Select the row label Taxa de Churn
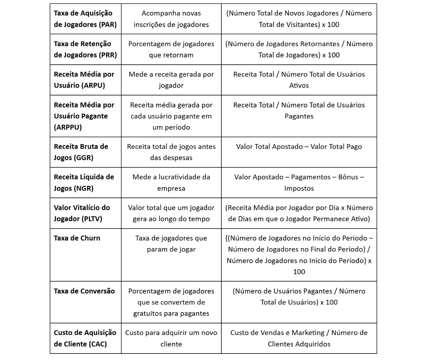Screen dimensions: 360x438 tap(77, 238)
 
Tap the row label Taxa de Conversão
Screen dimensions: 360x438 tap(84, 291)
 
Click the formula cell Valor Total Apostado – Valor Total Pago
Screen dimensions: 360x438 tap(299, 147)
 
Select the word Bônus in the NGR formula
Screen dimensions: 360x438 tap(348, 177)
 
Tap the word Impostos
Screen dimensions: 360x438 tap(299, 189)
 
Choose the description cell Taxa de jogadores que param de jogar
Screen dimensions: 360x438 tap(171, 244)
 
